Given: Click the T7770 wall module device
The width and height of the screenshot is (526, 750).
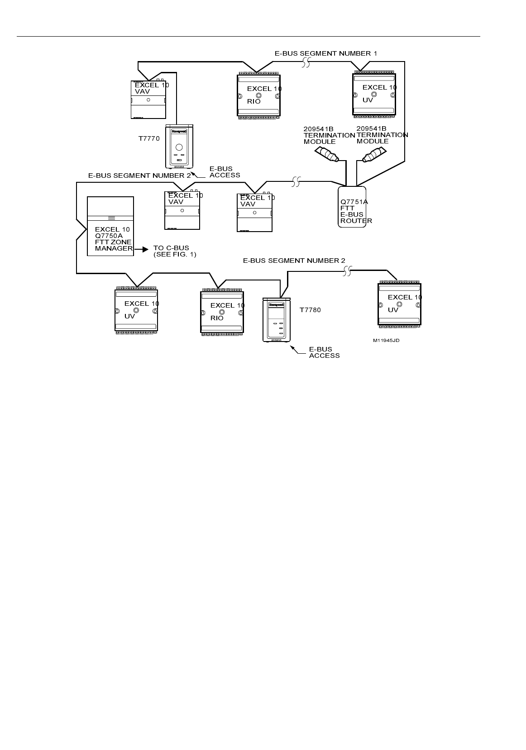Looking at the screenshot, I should [179, 146].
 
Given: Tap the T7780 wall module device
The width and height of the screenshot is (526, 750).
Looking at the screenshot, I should [276, 319].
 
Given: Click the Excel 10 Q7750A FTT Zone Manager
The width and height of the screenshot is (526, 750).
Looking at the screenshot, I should [110, 226].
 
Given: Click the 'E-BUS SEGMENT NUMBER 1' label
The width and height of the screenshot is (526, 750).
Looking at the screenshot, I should [325, 53].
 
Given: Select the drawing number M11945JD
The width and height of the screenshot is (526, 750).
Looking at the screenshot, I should [386, 340].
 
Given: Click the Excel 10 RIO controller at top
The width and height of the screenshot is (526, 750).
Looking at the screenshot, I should [258, 95].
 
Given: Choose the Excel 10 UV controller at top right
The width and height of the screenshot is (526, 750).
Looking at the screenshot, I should [374, 94].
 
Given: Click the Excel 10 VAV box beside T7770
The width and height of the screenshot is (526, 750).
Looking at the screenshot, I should [148, 100].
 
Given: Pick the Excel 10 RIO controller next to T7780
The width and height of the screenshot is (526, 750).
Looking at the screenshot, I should [222, 312].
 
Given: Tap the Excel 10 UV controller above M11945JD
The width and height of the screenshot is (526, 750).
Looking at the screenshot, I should [399, 304].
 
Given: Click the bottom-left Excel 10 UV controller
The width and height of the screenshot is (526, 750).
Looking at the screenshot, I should [136, 310].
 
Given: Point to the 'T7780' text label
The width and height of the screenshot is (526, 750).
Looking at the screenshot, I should [310, 310].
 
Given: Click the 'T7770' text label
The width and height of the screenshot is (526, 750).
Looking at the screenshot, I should [149, 139].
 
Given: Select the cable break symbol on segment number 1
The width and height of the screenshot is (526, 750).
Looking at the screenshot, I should [306, 63].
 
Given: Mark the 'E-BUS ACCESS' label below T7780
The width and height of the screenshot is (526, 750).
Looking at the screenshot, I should [324, 352].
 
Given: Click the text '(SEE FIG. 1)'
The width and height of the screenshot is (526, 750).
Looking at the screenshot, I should [175, 255].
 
